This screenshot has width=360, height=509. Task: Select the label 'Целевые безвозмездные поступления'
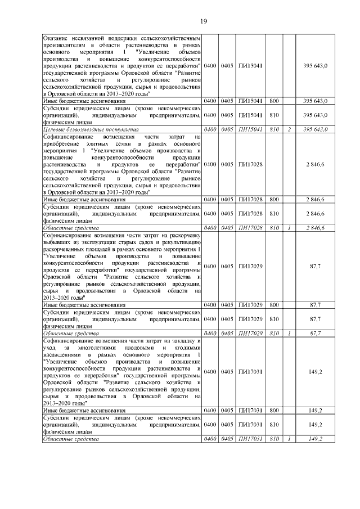tap(83, 129)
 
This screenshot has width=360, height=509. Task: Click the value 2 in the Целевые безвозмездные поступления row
tap(288, 129)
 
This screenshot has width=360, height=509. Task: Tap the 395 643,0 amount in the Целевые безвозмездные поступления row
tap(315, 129)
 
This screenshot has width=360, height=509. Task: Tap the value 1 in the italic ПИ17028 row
tap(288, 228)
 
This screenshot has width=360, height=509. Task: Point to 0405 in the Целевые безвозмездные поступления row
tap(227, 129)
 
